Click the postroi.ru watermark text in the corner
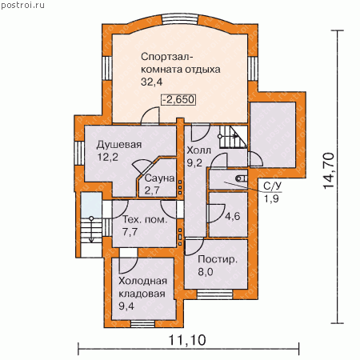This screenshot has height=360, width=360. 22,5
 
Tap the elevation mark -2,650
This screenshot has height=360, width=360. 178,99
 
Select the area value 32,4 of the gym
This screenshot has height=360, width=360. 151,82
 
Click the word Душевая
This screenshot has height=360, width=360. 119,145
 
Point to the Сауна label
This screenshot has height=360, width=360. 160,178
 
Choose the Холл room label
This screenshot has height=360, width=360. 198,150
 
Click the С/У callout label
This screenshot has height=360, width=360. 273,186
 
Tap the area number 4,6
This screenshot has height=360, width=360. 232,216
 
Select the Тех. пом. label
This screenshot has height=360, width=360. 145,220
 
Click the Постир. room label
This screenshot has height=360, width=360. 218,259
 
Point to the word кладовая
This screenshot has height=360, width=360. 142,294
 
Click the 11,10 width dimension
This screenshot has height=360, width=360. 187,340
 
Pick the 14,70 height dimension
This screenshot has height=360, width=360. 329,170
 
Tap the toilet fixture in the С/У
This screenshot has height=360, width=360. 242,178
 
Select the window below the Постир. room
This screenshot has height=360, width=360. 215,294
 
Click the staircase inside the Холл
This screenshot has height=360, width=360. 234,137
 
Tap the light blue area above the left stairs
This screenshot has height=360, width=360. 91,205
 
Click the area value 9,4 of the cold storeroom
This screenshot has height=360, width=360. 126,306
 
